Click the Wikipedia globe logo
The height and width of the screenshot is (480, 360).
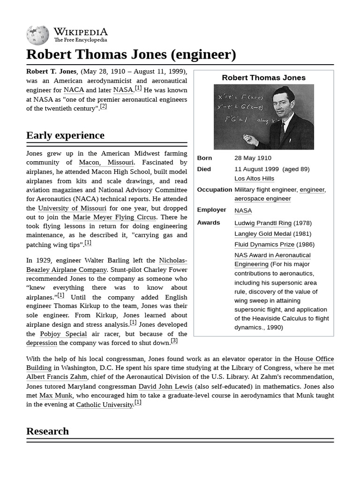[x=37, y=35]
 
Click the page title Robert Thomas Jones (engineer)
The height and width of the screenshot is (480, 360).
[x=131, y=54]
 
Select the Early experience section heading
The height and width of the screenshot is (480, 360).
[x=65, y=135]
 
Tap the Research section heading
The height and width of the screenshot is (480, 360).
[x=47, y=431]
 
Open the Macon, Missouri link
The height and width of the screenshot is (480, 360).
[x=106, y=163]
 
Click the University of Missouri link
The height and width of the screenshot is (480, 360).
[x=72, y=208]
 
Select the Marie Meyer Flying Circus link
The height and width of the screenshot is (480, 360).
[x=115, y=217]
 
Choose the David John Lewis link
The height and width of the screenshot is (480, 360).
[x=165, y=386]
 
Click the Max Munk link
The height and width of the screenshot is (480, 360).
[x=56, y=396]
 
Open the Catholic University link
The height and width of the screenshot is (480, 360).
[x=105, y=405]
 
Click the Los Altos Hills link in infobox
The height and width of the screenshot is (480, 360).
[x=254, y=179]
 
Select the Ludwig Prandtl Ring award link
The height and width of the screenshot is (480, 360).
[x=263, y=223]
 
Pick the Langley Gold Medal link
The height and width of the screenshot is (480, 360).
[x=263, y=234]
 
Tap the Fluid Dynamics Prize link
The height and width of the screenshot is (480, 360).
[x=264, y=245]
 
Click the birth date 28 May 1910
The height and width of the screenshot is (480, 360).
[x=253, y=158]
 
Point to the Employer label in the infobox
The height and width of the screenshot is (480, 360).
[x=211, y=210]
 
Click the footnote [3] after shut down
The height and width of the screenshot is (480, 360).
[x=174, y=341]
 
